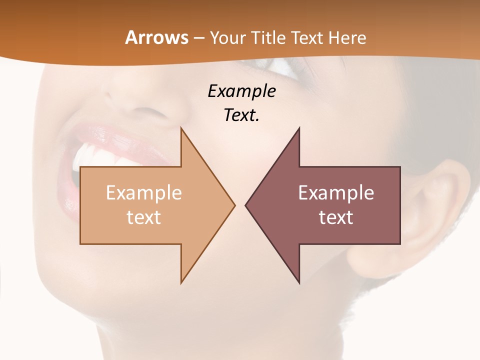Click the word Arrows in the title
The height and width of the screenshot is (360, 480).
tap(156, 37)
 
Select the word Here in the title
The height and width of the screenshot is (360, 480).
tap(348, 37)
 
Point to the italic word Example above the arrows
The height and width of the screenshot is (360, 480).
tap(241, 91)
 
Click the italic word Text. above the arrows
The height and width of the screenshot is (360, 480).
tap(241, 115)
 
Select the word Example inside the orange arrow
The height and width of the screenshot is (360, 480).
tap(144, 192)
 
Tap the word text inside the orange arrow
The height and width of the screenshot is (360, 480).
tap(144, 217)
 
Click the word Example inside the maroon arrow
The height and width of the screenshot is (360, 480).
tap(336, 192)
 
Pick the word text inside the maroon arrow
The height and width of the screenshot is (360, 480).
tap(336, 217)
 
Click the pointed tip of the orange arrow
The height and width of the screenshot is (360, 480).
tap(234, 205)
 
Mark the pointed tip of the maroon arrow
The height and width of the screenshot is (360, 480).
tap(246, 205)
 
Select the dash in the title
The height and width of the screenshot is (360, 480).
tap(198, 38)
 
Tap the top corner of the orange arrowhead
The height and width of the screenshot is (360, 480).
tap(181, 128)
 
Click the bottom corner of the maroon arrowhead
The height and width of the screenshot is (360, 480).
tap(299, 282)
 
